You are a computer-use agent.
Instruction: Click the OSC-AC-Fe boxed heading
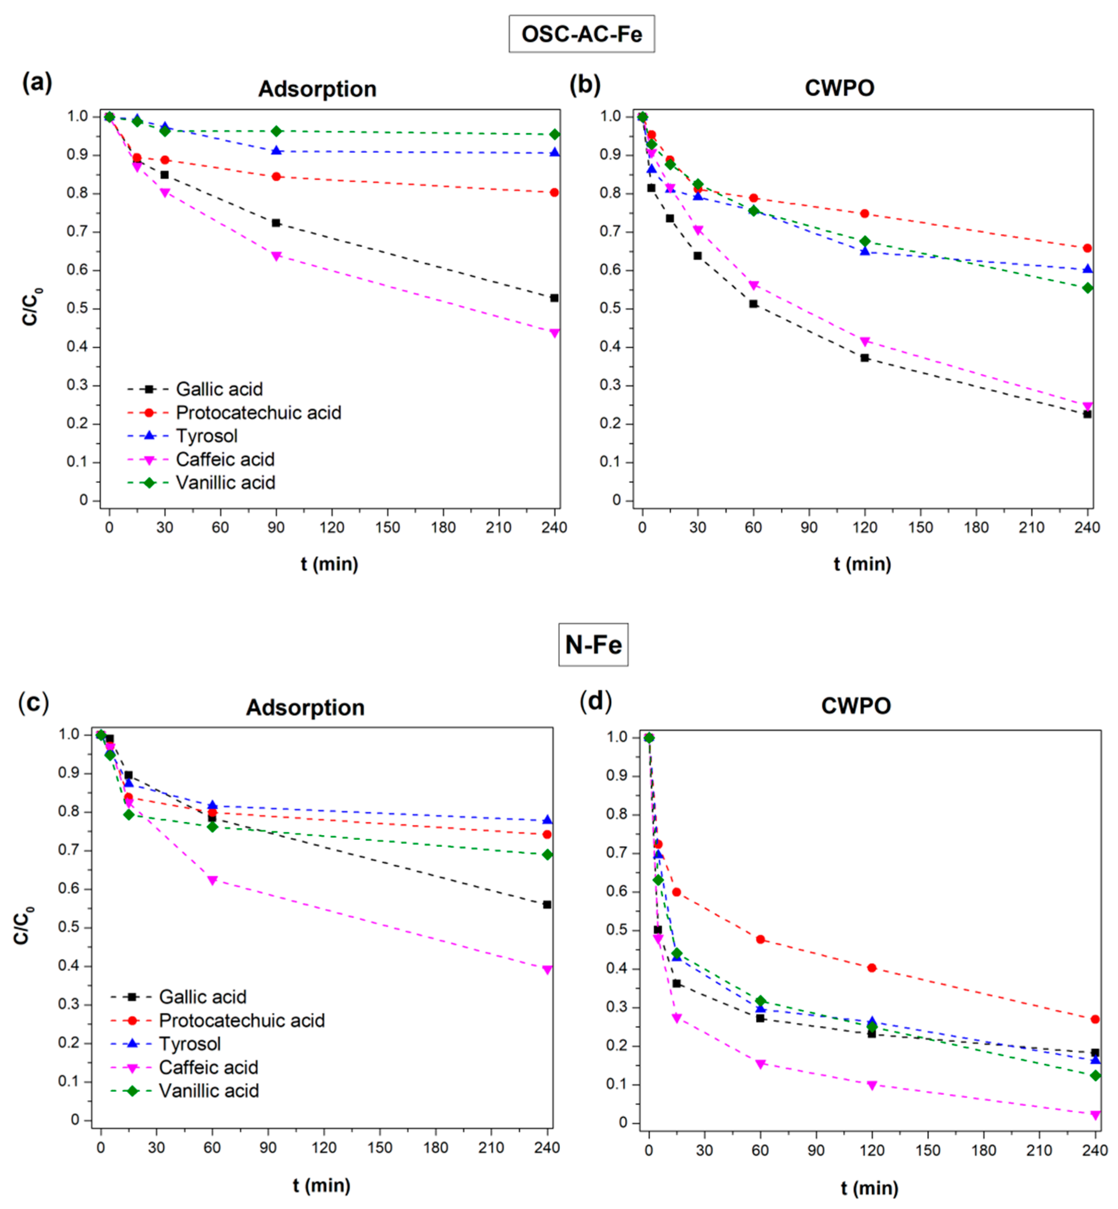pyautogui.click(x=582, y=34)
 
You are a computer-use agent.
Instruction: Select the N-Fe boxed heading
pyautogui.click(x=593, y=645)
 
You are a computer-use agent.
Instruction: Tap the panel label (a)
pyautogui.click(x=37, y=82)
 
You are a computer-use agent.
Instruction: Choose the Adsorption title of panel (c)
pyautogui.click(x=305, y=707)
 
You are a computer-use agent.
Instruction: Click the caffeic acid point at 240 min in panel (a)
pyautogui.click(x=554, y=333)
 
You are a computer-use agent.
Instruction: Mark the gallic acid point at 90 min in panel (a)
pyautogui.click(x=276, y=223)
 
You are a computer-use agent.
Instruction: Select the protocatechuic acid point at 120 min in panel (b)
pyautogui.click(x=865, y=214)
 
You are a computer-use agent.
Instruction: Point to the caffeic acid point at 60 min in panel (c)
pyautogui.click(x=212, y=880)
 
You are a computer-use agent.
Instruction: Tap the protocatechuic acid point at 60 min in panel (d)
pyautogui.click(x=761, y=939)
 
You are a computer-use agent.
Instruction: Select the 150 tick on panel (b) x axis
pyautogui.click(x=920, y=528)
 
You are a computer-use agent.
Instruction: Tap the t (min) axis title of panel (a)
pyautogui.click(x=330, y=564)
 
